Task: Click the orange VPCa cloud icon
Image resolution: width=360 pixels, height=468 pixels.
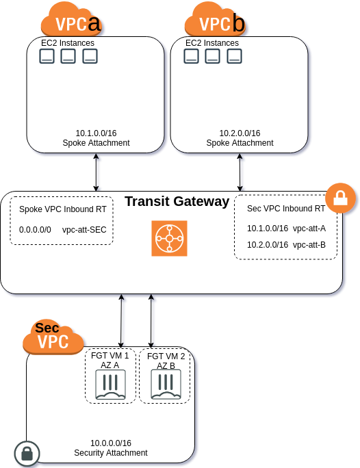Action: click(70, 20)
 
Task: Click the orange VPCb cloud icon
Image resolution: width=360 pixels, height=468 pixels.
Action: click(214, 20)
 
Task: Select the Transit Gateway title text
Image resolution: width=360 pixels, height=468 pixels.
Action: click(177, 201)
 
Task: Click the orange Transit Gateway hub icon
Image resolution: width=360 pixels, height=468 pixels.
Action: click(169, 239)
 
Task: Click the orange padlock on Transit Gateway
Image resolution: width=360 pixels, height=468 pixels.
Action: click(340, 198)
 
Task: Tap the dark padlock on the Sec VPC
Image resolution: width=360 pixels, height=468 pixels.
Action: click(27, 453)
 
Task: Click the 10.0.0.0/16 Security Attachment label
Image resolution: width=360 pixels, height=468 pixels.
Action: click(111, 448)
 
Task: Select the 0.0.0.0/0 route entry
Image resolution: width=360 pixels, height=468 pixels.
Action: click(35, 231)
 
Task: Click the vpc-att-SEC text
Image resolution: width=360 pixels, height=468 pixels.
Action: click(85, 231)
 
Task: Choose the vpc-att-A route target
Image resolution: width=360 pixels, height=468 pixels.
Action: click(309, 228)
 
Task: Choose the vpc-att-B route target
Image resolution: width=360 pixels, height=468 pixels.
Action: click(309, 244)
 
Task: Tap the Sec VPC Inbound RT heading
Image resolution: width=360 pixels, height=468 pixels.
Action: click(285, 208)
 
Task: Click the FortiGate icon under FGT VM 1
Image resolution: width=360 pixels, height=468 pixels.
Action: click(111, 387)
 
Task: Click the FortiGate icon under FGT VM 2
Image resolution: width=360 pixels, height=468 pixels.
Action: click(166, 387)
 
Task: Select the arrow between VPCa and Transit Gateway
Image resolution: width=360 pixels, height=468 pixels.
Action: click(96, 172)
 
